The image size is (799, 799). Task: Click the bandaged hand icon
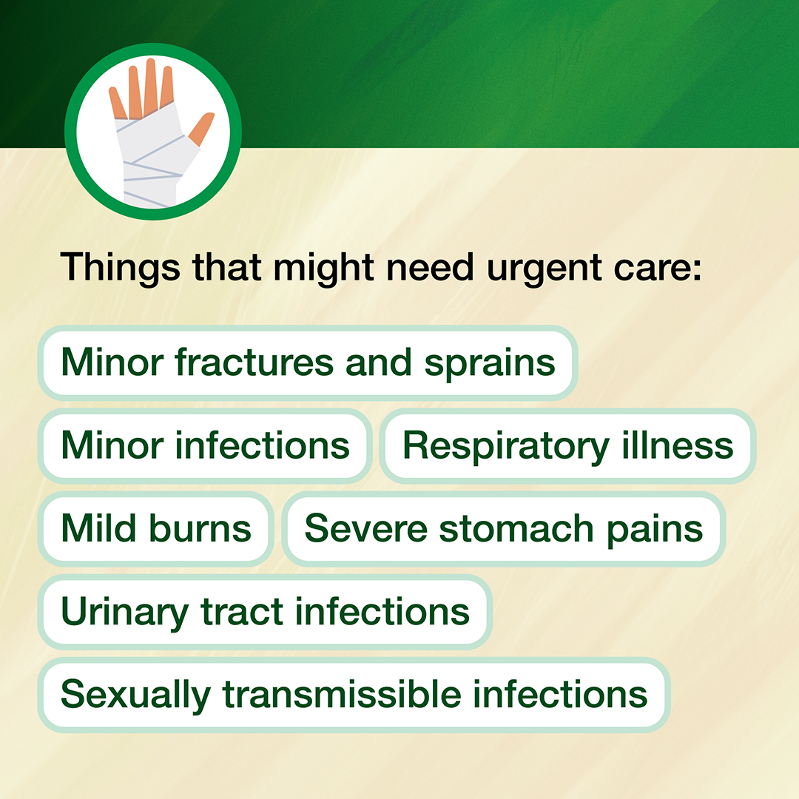tap(153, 132)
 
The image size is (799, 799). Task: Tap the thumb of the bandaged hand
tap(201, 129)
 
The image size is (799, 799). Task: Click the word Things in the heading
tap(121, 268)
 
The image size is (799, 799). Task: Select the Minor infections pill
tap(205, 446)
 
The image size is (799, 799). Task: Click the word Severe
tap(366, 528)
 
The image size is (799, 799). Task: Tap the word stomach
tap(516, 528)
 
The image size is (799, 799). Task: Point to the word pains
tap(655, 530)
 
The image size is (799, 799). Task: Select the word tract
tap(242, 612)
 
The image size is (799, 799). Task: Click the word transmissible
tap(342, 693)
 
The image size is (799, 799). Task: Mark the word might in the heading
tap(324, 269)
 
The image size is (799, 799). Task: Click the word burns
tap(200, 528)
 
